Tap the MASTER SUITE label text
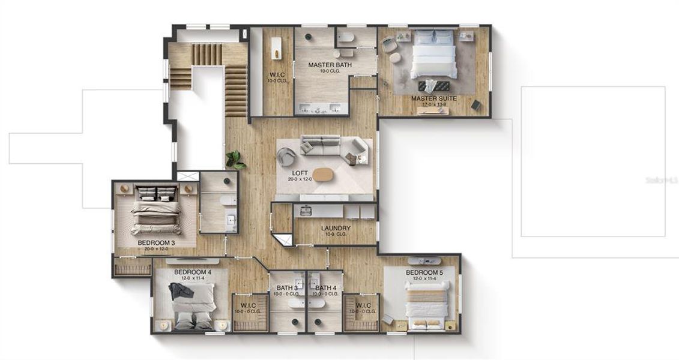434,98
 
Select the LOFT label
300,172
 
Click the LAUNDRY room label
336,228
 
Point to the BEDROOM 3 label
156,243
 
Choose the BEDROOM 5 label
424,272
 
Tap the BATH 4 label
326,288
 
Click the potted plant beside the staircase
235,159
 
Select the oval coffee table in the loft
324,174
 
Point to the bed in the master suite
434,55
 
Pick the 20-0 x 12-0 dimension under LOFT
300,179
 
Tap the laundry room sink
305,210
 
